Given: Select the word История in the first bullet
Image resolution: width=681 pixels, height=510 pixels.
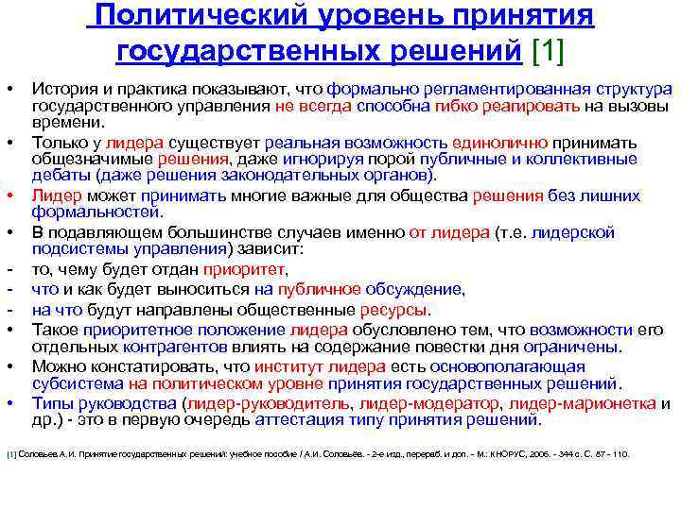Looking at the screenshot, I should (63, 89).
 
